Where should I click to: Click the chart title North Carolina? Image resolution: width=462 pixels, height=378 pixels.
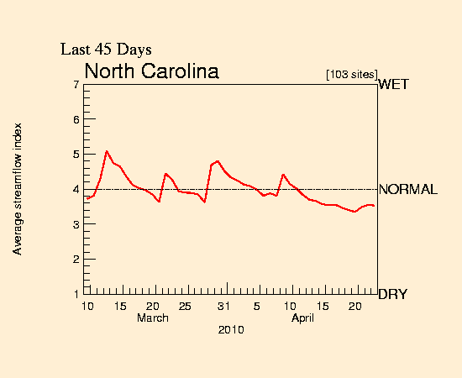(x=151, y=71)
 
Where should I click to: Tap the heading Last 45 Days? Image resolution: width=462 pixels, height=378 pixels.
(x=106, y=50)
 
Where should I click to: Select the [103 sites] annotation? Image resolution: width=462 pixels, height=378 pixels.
(x=351, y=75)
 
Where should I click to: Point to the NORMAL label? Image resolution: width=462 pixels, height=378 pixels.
(x=408, y=190)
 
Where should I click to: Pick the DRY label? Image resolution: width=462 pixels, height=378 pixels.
(x=394, y=295)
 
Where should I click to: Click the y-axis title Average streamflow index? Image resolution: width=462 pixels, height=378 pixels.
(x=17, y=188)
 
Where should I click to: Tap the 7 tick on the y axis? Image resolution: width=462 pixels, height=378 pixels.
(x=76, y=85)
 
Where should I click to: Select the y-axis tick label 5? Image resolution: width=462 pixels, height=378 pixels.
(x=76, y=155)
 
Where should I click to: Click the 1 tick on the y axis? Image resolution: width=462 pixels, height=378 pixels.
(x=76, y=294)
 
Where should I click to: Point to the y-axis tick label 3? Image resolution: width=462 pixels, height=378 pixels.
(x=76, y=224)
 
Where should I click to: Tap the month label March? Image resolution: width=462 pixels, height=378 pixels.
(x=153, y=318)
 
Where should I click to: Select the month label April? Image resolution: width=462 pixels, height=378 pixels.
(x=303, y=318)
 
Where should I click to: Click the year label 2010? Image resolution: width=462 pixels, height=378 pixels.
(x=231, y=331)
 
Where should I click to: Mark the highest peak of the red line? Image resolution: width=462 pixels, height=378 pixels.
(x=107, y=151)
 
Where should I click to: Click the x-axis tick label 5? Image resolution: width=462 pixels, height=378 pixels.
(x=257, y=305)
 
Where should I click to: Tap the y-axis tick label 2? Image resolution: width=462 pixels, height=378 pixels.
(x=76, y=260)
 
